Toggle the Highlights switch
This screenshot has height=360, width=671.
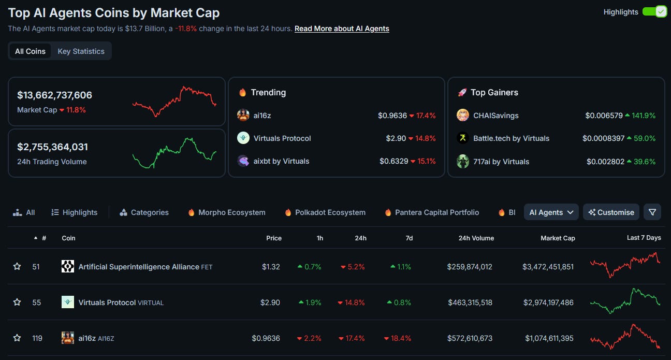click(654, 11)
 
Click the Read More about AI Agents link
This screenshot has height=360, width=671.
click(342, 28)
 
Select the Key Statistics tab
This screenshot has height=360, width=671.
click(81, 51)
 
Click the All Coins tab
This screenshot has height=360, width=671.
click(30, 51)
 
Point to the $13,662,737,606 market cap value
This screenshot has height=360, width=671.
click(54, 95)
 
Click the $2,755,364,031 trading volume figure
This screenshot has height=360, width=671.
click(52, 147)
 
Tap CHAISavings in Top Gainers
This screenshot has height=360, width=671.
click(495, 116)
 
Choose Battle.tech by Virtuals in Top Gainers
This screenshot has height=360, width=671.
click(511, 138)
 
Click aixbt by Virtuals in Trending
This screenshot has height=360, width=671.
click(281, 161)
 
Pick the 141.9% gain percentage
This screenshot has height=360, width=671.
click(643, 116)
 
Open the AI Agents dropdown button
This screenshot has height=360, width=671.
click(551, 212)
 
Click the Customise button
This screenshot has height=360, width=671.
click(611, 212)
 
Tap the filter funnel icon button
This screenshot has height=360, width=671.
click(652, 212)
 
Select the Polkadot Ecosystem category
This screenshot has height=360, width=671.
click(330, 212)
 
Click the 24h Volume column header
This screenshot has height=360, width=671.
click(476, 238)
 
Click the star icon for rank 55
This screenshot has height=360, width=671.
click(17, 303)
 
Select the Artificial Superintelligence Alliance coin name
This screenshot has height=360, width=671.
click(139, 267)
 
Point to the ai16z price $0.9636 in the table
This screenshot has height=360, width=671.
click(266, 338)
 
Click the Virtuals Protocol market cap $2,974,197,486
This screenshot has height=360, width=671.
click(548, 303)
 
